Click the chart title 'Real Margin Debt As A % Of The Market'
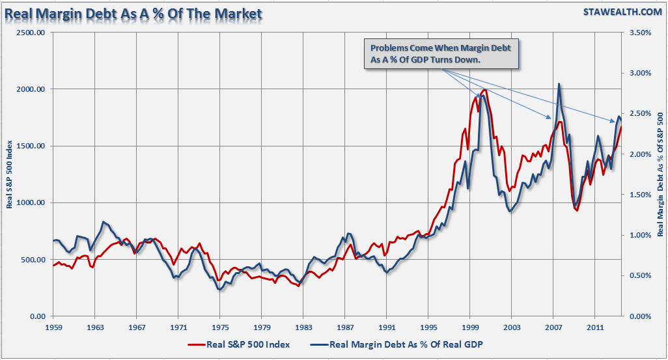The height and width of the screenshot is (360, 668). [133, 14]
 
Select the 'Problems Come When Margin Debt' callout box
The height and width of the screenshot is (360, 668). [441, 53]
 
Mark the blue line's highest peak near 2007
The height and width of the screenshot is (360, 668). [559, 84]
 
